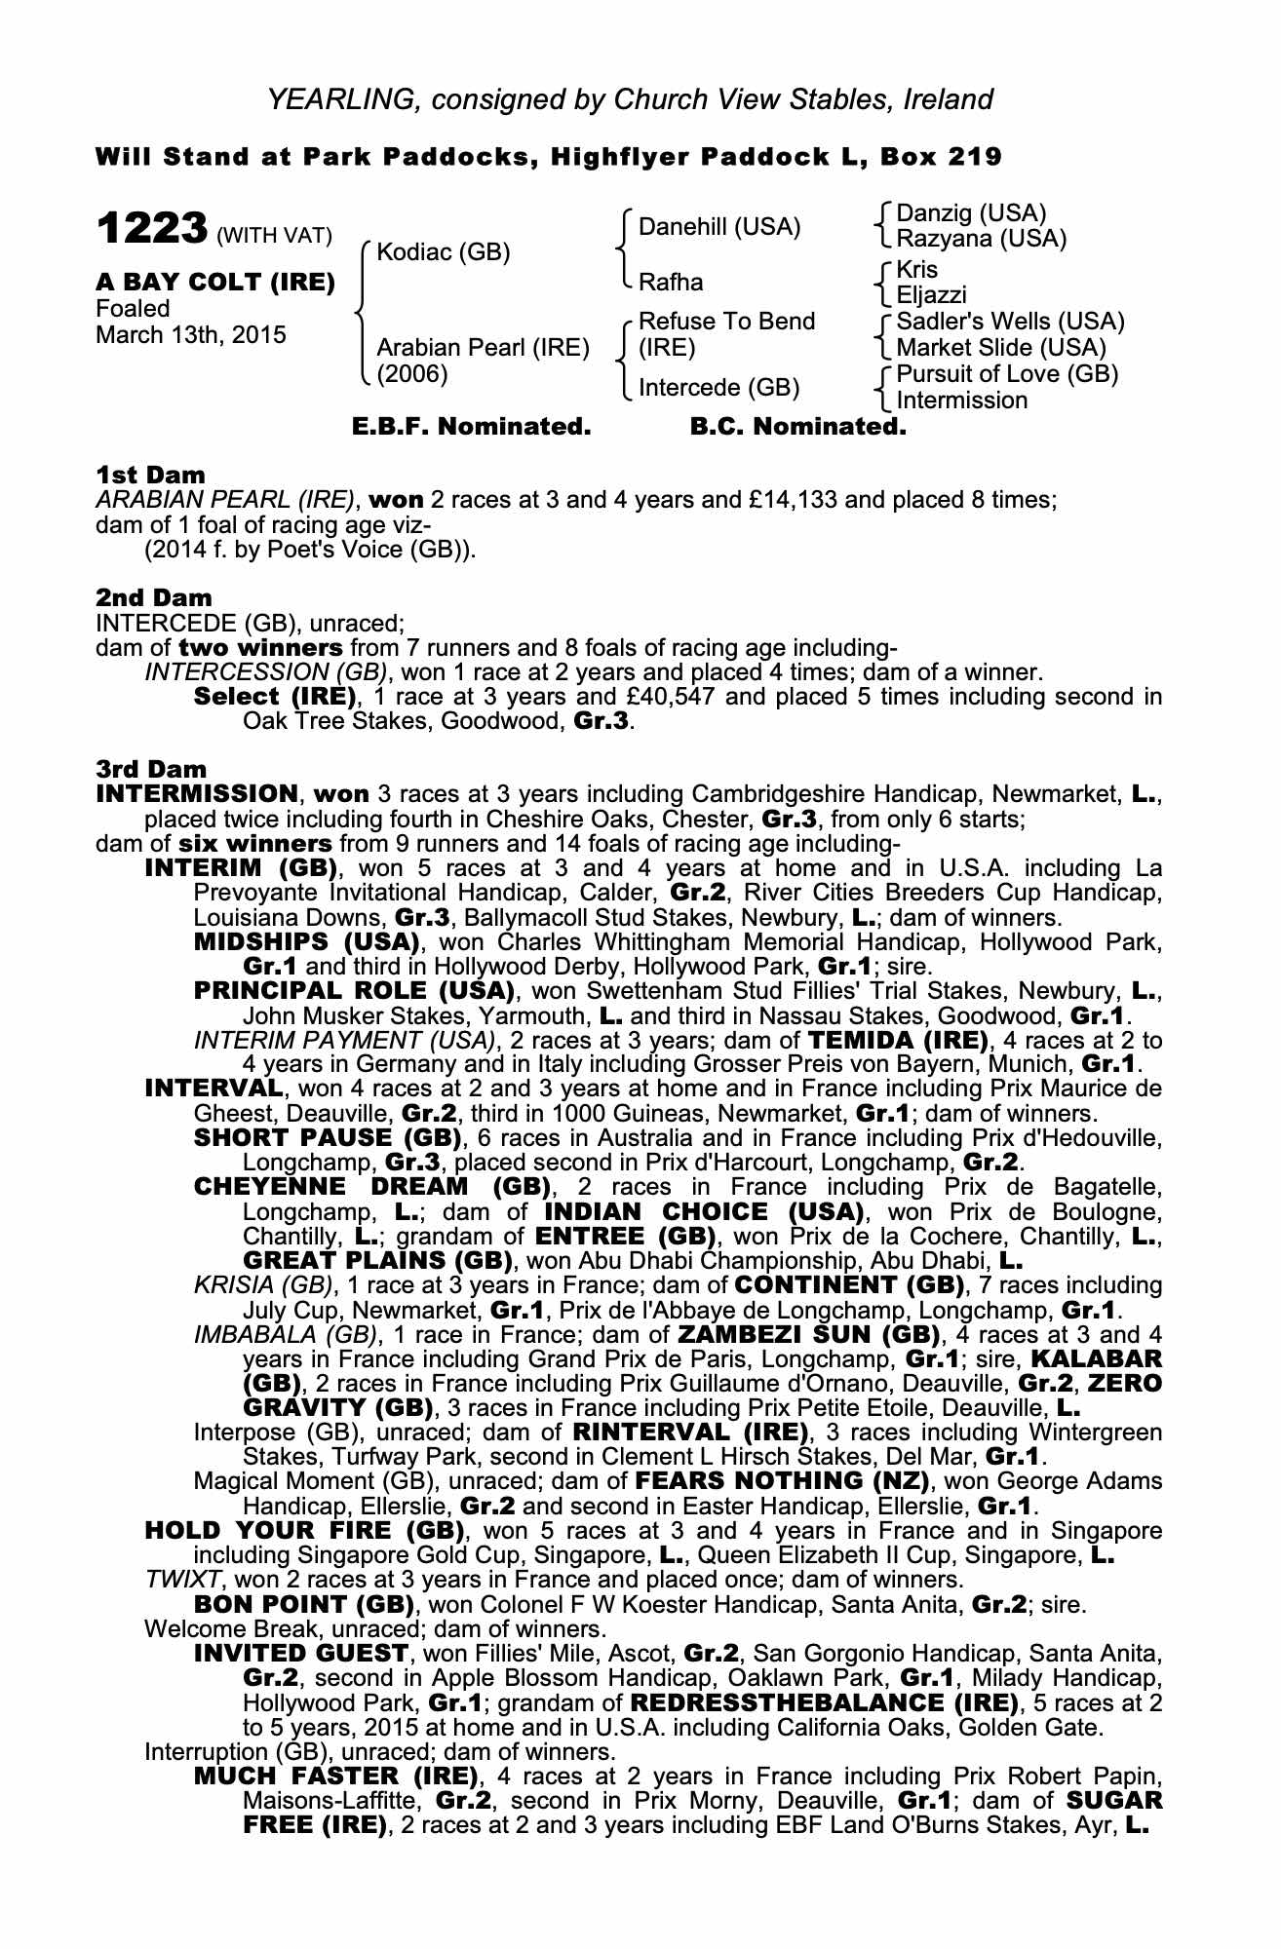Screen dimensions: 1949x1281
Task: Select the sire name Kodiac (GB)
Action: (444, 252)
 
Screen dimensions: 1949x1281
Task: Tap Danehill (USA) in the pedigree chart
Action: (719, 227)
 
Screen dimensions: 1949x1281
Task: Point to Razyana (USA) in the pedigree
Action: (981, 239)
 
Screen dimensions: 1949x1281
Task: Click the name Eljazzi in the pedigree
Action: (932, 295)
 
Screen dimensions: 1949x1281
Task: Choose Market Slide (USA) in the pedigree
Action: (1001, 348)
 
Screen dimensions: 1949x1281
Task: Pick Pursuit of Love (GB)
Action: (1007, 374)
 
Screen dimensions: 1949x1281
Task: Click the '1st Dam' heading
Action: (150, 475)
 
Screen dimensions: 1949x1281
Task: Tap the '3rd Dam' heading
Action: (152, 770)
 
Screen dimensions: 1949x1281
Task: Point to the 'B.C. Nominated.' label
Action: (797, 427)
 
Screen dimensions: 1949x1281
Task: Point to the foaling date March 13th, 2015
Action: (191, 335)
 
